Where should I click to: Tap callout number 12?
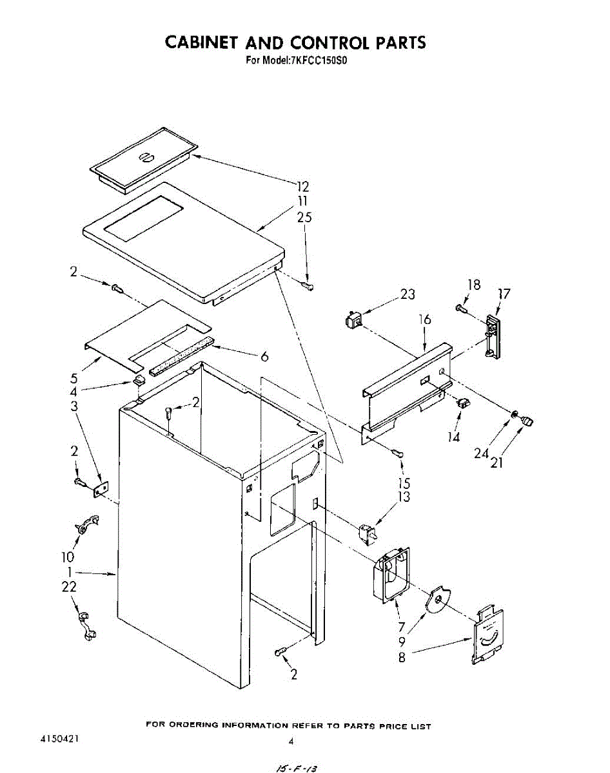point(303,187)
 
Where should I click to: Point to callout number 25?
point(304,218)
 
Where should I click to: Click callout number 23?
point(407,294)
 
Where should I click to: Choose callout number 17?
point(504,294)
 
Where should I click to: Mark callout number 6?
point(264,357)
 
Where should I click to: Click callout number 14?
point(456,435)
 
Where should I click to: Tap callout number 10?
point(68,557)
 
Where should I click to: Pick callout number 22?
point(69,587)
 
